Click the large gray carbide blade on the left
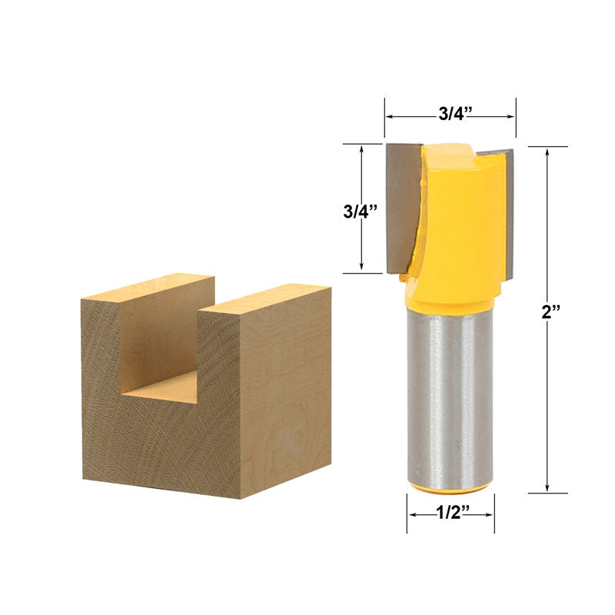pos(402,208)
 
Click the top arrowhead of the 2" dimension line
pos(547,151)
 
